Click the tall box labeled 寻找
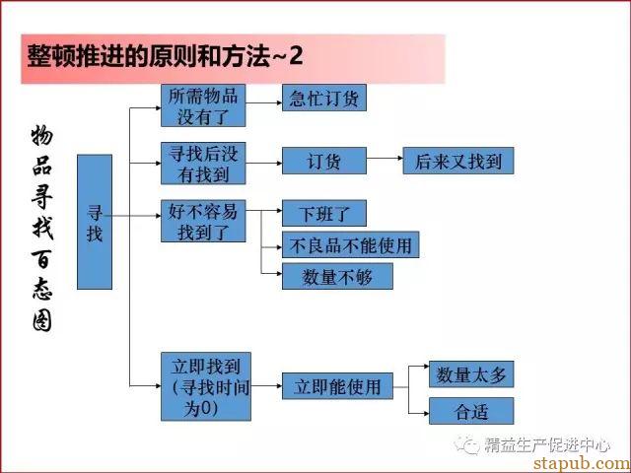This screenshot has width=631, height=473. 95,222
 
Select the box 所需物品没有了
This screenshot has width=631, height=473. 203,105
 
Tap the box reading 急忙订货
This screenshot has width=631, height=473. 324,98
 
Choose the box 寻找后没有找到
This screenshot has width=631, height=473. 203,163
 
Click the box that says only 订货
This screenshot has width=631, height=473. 324,161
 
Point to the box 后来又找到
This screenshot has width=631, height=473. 458,161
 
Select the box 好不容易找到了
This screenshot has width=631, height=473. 203,221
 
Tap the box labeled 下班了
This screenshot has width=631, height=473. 324,213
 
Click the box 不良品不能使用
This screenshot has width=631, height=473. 351,244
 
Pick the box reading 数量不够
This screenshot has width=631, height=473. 337,276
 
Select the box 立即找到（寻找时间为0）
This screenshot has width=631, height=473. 206,386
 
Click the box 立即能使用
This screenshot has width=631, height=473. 337,386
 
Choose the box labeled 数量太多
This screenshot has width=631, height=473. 471,374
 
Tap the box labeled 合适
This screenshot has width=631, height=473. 471,411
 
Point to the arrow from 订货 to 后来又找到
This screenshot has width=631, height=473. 385,158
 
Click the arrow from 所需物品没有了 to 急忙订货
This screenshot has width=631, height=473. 264,102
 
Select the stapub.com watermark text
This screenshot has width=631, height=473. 582,463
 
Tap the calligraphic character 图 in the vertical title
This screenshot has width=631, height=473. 42,322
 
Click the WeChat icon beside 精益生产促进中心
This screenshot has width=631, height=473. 466,444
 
